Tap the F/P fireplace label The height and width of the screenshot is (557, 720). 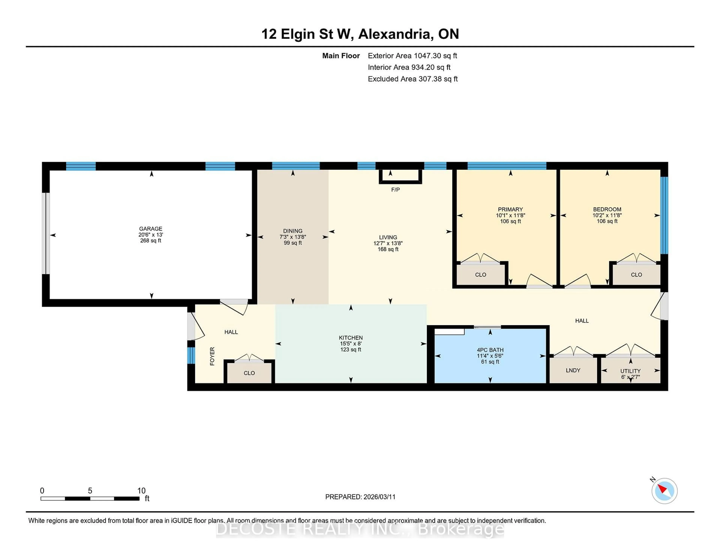(x=395, y=190)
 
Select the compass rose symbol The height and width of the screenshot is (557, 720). (x=664, y=491)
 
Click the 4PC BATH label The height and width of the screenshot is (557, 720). (x=490, y=350)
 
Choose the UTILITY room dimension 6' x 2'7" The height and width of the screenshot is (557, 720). (x=630, y=377)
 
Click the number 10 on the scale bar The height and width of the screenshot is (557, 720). (x=141, y=491)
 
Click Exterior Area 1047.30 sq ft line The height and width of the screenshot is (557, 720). (x=412, y=56)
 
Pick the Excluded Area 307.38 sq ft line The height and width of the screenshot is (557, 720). (x=412, y=79)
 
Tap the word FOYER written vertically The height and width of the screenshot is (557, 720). (x=212, y=356)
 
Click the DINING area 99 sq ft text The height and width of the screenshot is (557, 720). (x=292, y=243)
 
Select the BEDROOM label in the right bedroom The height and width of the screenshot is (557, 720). (x=607, y=209)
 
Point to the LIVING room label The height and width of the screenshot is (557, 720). (x=388, y=237)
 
